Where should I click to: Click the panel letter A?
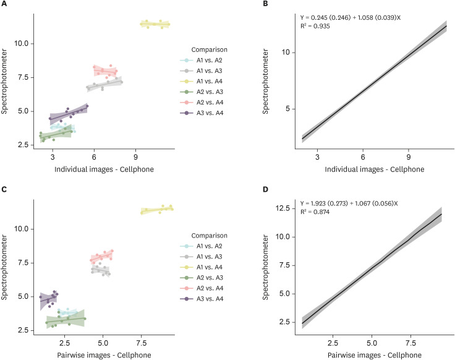[x=4, y=4]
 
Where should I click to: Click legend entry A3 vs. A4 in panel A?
[x=211, y=112]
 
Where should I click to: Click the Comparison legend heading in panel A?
[x=208, y=48]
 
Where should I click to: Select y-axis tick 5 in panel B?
[x=286, y=109]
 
